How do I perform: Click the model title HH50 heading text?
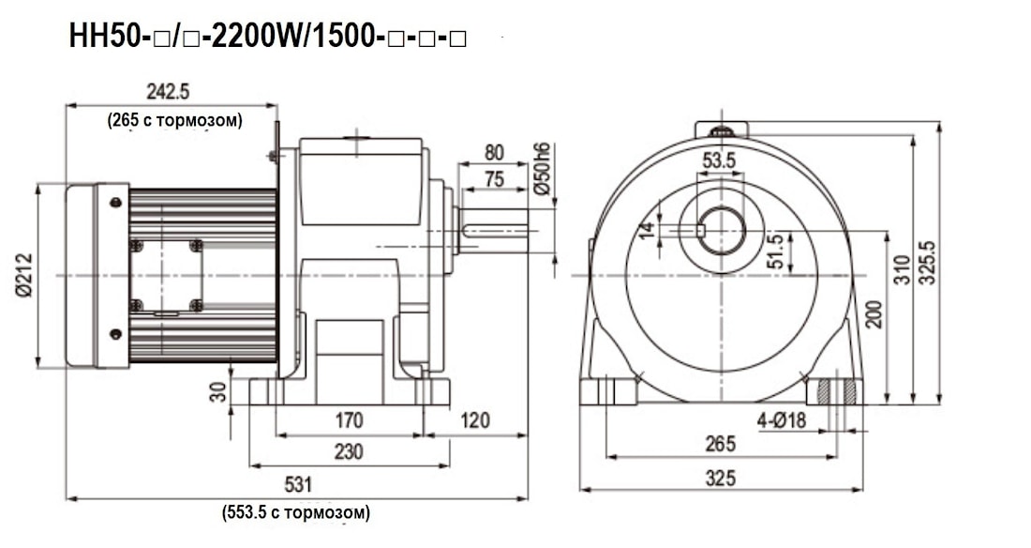pos(267,38)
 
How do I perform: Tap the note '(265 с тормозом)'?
pos(172,119)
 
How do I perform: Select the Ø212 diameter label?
pos(24,276)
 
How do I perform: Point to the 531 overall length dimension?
pos(297,484)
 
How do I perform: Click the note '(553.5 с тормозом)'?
pos(296,512)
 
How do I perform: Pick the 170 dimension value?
pos(349,420)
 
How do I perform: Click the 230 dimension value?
pos(349,451)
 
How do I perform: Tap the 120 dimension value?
pos(475,420)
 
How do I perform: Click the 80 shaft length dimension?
pos(495,152)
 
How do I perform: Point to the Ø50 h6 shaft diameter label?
pos(541,169)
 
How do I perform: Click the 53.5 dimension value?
pos(719,160)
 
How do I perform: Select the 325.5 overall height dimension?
pos(929,266)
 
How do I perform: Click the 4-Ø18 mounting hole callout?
pos(782,420)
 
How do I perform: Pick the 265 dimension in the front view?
pos(719,444)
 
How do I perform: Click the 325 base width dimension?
pos(719,478)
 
